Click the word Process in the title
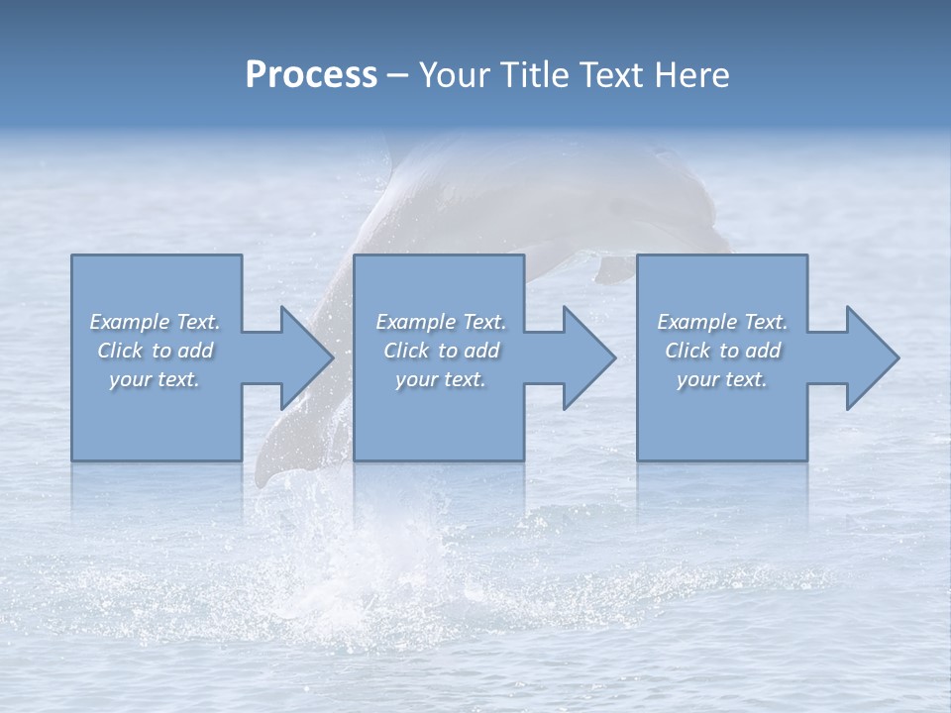tap(311, 75)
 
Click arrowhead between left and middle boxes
tap(308, 357)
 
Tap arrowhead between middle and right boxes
tap(590, 357)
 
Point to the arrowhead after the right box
tap(874, 357)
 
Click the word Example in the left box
tap(130, 322)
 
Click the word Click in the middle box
tap(406, 351)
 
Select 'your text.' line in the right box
tap(721, 379)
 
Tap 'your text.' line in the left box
tap(155, 379)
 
